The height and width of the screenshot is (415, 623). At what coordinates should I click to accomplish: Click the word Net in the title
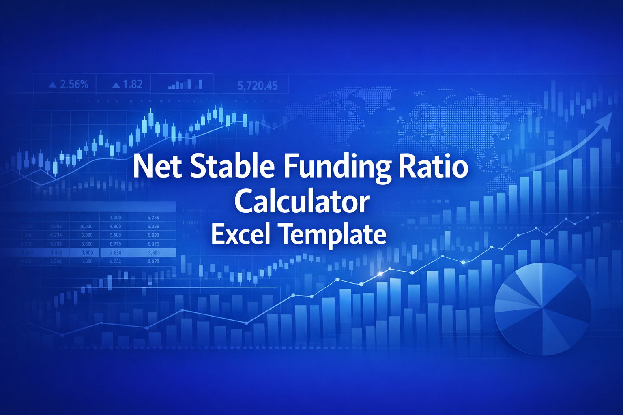click(157, 166)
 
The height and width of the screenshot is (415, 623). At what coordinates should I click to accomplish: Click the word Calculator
click(302, 201)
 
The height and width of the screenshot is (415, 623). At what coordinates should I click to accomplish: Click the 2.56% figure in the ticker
click(74, 84)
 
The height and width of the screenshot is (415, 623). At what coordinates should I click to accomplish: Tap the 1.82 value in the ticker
click(133, 84)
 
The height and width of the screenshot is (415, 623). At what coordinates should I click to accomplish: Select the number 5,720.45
click(258, 86)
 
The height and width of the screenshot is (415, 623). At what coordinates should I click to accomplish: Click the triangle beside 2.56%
click(52, 85)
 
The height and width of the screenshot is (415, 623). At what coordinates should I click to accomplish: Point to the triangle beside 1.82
click(116, 85)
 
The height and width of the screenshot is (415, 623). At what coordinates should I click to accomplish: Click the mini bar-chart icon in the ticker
click(185, 84)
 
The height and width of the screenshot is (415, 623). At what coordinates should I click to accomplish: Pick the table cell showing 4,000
click(116, 218)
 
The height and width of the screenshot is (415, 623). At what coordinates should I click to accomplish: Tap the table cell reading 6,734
click(56, 235)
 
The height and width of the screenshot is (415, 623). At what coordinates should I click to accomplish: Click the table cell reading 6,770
click(116, 244)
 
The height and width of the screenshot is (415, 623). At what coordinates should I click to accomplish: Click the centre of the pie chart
click(543, 308)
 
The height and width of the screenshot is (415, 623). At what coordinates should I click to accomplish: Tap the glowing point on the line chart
click(380, 274)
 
